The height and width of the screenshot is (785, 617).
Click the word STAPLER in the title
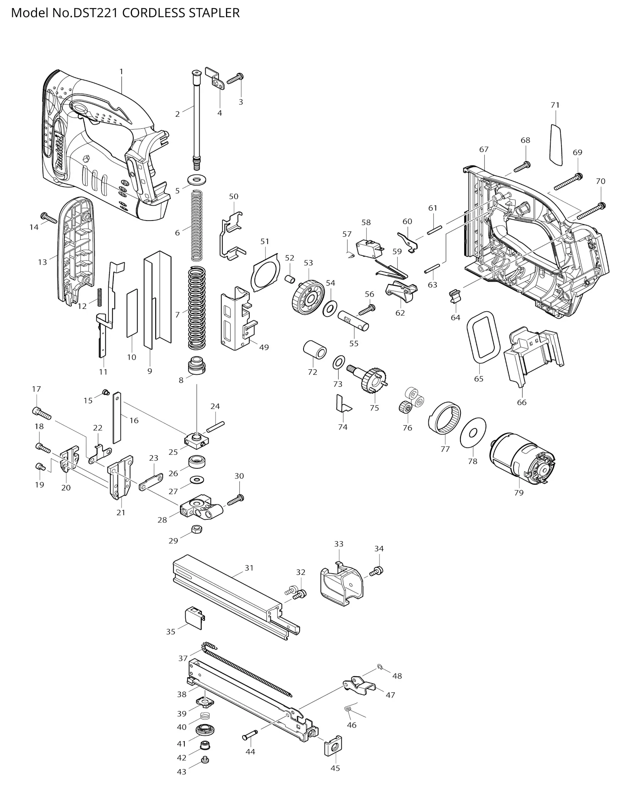[214, 13]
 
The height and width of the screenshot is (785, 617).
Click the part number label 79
[519, 492]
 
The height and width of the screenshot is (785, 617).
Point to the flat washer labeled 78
[473, 432]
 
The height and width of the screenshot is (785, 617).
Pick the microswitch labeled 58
[368, 248]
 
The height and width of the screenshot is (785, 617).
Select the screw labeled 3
[235, 79]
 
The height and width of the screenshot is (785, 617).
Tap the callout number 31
[249, 568]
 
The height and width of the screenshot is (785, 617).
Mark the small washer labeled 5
[197, 179]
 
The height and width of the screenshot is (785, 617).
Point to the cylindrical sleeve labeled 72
[314, 350]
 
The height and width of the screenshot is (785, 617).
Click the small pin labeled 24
[215, 427]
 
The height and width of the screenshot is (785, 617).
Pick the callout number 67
[484, 149]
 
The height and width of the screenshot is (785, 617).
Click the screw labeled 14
[48, 217]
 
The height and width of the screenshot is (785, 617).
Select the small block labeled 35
[195, 617]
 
